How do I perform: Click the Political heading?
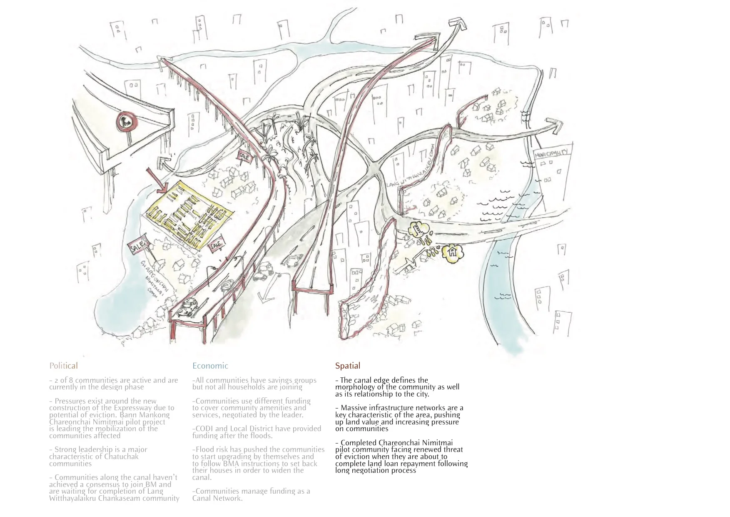click(63, 366)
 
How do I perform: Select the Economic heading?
click(210, 366)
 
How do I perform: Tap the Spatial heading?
click(347, 366)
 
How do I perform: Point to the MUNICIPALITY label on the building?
click(553, 153)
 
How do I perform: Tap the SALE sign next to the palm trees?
click(244, 156)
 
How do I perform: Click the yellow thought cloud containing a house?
click(452, 253)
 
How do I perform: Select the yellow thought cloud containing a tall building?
click(418, 229)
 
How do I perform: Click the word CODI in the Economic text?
click(204, 429)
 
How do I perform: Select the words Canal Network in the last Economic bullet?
click(217, 498)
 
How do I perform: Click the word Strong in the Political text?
click(66, 449)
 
